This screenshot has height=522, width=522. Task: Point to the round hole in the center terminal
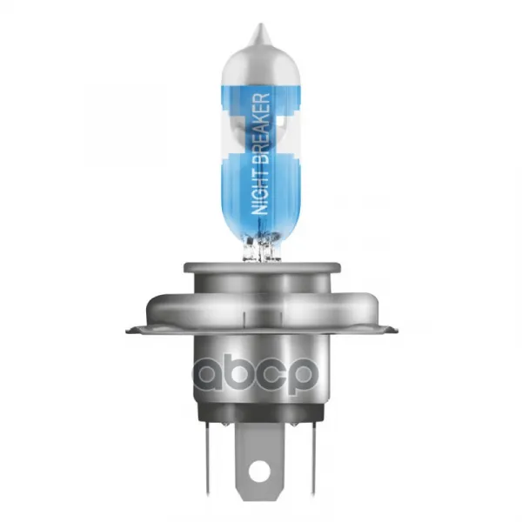click(261, 471)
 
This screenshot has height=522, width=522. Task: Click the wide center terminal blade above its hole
click(261, 439)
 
